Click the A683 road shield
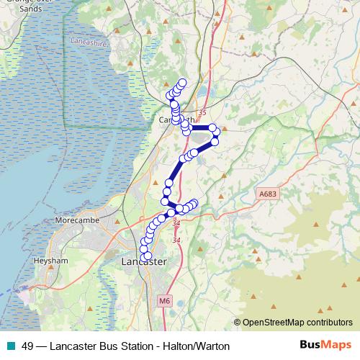click(x=266, y=194)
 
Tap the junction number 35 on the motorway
click(x=202, y=112)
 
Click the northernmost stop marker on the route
click(x=182, y=83)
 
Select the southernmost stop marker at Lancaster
click(x=148, y=256)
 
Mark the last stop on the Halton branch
click(x=194, y=204)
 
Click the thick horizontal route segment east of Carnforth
click(x=200, y=128)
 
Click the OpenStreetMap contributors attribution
click(x=297, y=323)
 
